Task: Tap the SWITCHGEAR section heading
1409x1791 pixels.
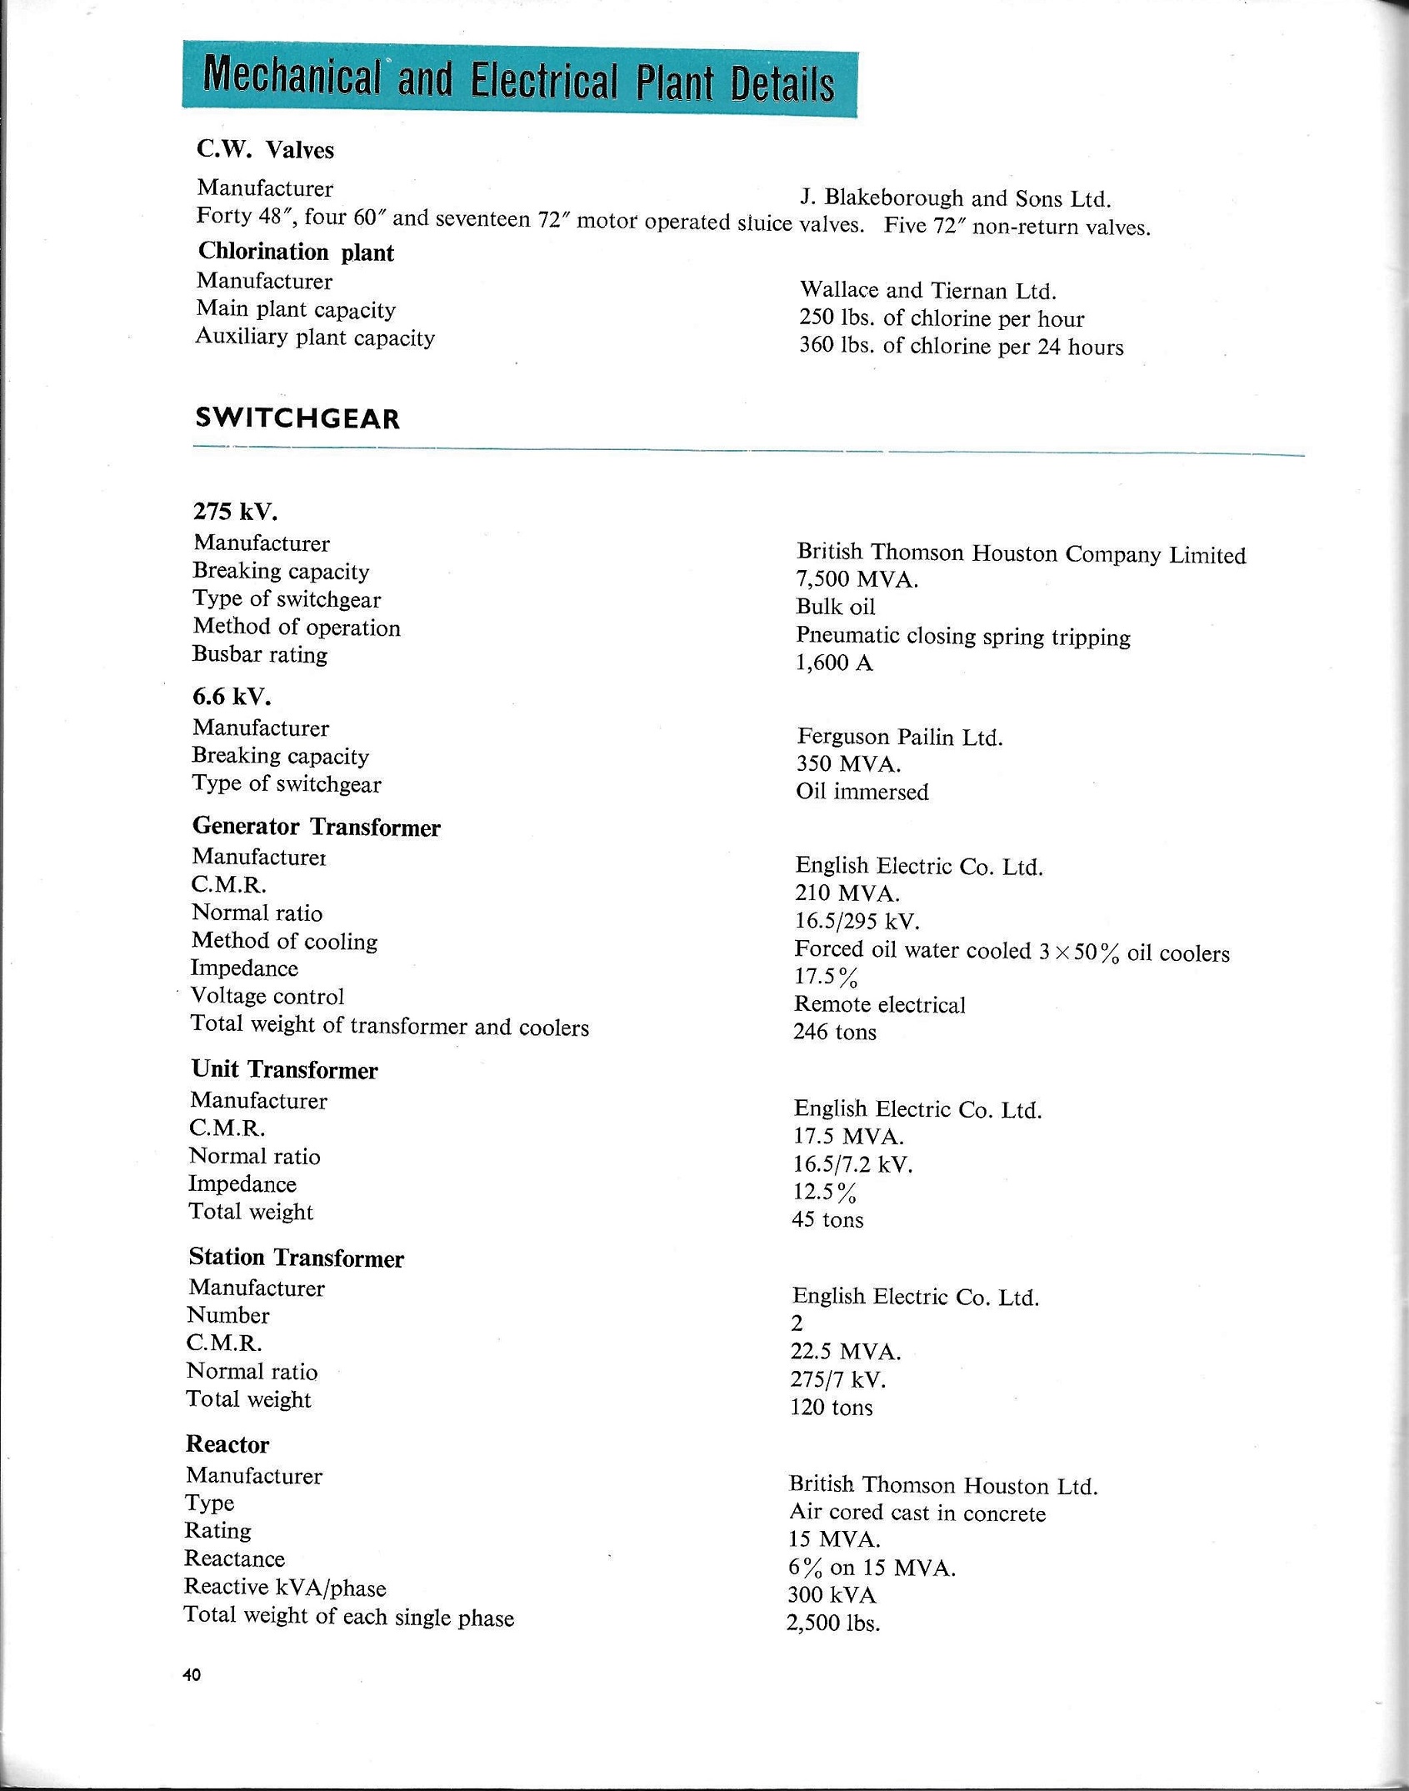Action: coord(297,418)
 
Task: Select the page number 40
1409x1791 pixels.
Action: coord(192,1675)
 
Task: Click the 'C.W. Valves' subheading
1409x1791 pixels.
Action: coord(265,150)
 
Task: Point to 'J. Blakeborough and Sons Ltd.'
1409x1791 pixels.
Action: coord(956,198)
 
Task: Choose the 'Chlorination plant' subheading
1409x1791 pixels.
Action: coord(296,252)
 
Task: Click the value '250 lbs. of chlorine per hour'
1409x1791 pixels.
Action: coord(942,318)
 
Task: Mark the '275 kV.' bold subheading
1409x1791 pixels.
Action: coord(235,511)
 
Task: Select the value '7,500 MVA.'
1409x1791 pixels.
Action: coord(857,579)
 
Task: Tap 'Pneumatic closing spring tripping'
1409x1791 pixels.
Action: coord(963,637)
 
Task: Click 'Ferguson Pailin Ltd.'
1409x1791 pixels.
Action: coord(900,737)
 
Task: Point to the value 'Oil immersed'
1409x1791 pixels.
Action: coord(862,791)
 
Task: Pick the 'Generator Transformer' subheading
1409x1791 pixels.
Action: coord(317,827)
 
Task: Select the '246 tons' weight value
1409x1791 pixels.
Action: coord(835,1032)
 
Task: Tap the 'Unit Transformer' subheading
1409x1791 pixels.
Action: coord(284,1069)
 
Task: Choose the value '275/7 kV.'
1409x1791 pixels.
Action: coord(838,1379)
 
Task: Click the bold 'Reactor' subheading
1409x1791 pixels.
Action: coord(227,1444)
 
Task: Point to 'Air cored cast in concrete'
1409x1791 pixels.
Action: coord(917,1513)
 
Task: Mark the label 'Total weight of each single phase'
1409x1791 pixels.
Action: coord(349,1617)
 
